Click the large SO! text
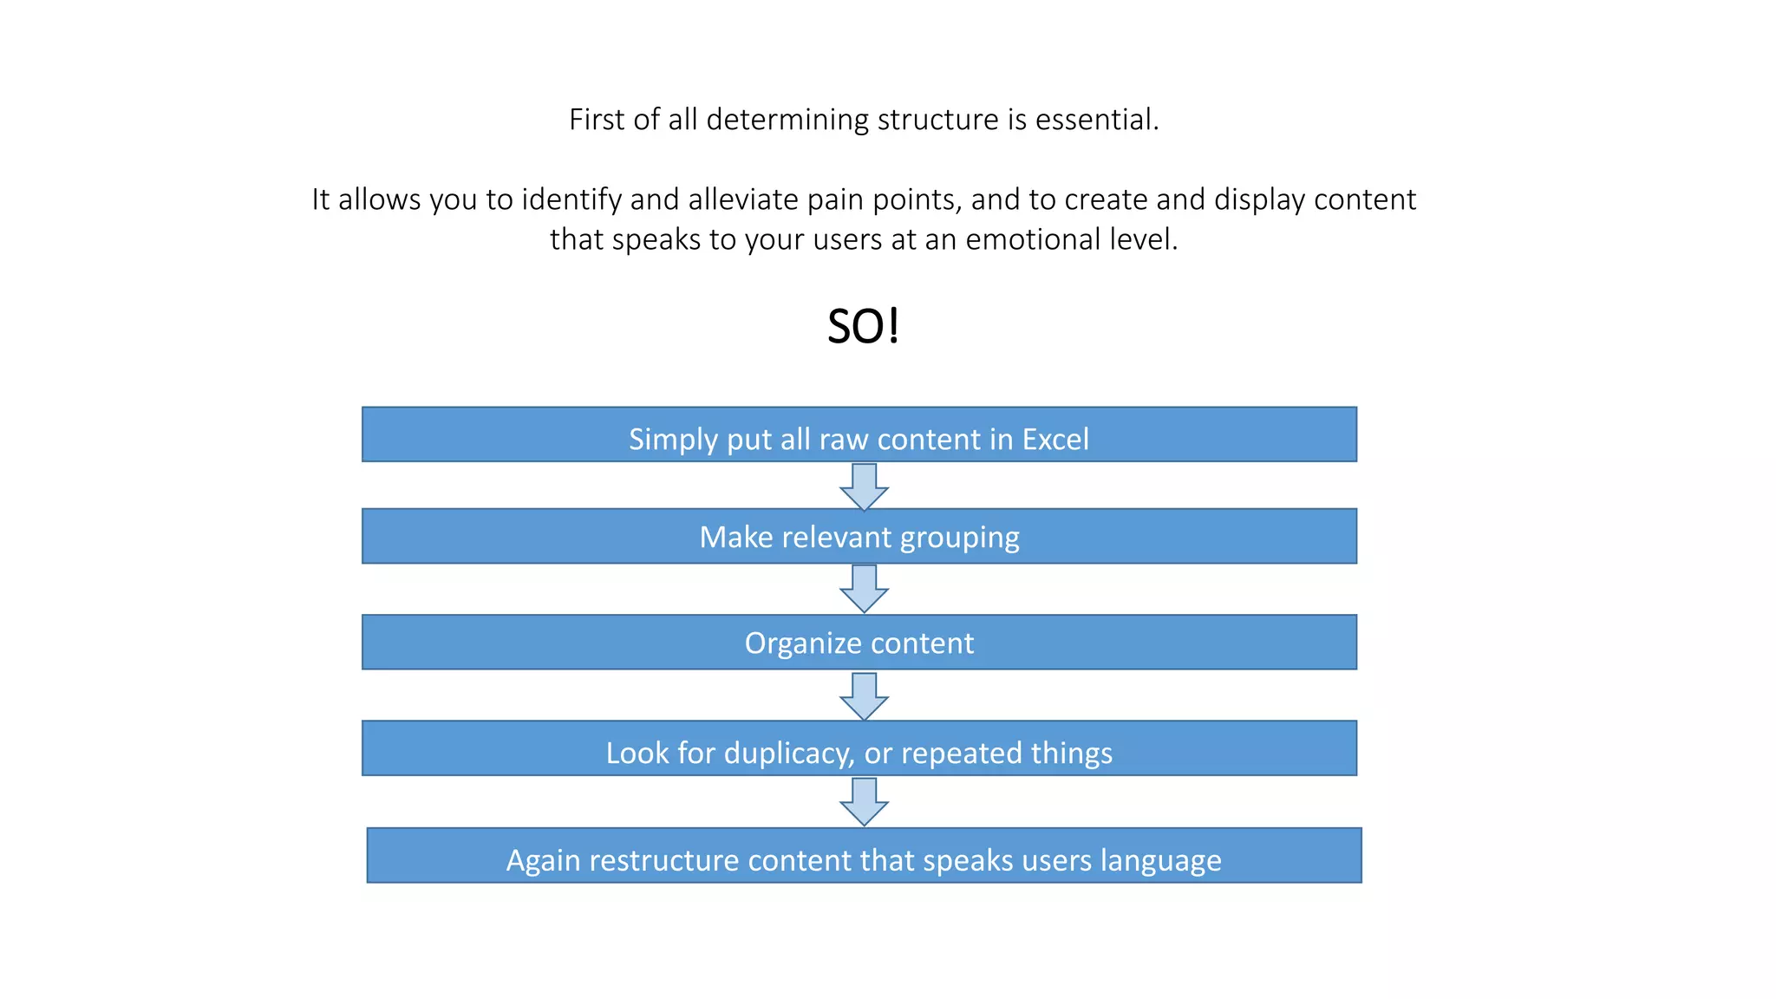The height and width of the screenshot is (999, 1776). tap(863, 327)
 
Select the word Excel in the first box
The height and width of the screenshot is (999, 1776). tap(1054, 440)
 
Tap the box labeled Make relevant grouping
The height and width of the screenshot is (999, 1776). tap(859, 537)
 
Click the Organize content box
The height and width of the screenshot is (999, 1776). tap(859, 643)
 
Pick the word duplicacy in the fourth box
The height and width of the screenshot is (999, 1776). tap(789, 754)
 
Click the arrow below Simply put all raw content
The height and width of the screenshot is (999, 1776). tap(864, 486)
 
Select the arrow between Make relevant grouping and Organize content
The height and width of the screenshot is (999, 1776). tap(864, 589)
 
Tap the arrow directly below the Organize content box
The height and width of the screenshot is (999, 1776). tap(864, 695)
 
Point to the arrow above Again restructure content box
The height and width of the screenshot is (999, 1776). tap(864, 801)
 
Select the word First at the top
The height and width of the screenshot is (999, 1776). tap(596, 120)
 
